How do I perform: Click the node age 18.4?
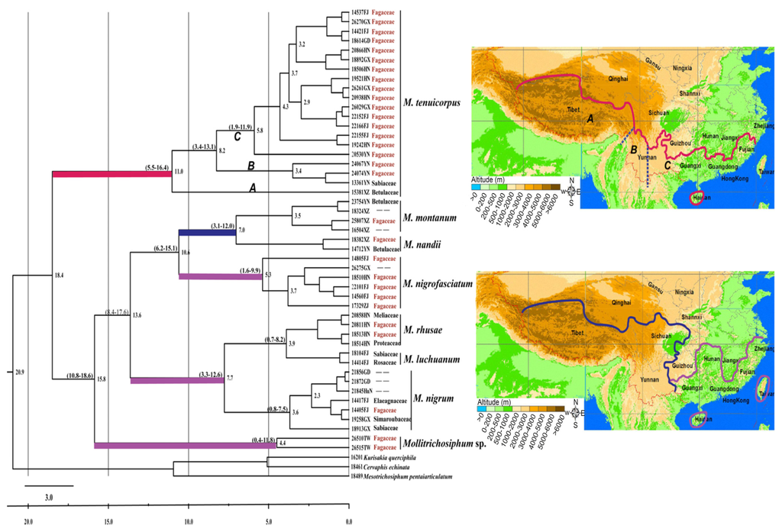[60, 274]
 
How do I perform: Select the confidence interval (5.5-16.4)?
[158, 166]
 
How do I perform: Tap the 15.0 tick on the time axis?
[108, 521]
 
